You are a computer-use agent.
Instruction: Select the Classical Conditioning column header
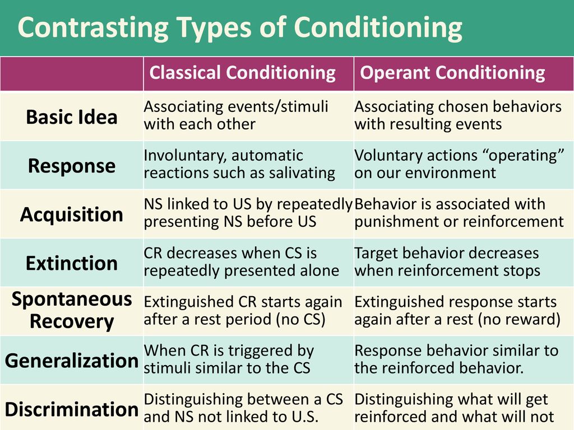[242, 72]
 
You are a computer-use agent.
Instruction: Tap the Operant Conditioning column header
[452, 72]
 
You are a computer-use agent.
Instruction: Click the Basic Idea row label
[72, 117]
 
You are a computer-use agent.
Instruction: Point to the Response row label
[72, 166]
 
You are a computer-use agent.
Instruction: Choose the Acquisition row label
[72, 214]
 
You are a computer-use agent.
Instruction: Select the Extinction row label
[72, 263]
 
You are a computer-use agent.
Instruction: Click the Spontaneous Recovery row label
[72, 310]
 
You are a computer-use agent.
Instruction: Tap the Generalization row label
[72, 361]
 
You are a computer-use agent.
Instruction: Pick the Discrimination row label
[72, 409]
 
